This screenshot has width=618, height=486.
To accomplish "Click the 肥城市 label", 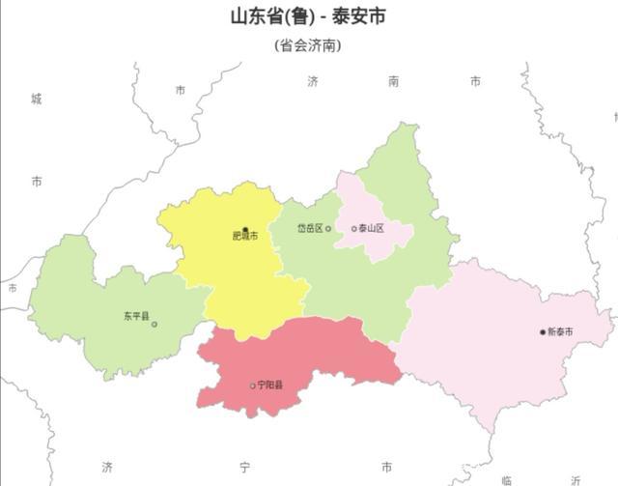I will point(245,237).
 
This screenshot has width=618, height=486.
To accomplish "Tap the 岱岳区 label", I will point(308,228).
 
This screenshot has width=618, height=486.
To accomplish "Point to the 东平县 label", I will point(136,316).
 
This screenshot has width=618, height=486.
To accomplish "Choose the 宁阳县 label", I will point(271,386).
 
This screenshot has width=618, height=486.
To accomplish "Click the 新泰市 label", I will point(561,332).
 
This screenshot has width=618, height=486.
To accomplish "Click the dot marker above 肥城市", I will point(245,229).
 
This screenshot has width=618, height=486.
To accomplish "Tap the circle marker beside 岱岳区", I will point(328,228).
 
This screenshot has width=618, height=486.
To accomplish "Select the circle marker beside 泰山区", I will point(354,229).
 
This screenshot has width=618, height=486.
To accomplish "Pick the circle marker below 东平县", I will point(154,325).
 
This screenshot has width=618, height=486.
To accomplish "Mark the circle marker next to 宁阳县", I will point(253,386).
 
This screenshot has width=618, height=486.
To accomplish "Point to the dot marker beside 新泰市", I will point(543,332).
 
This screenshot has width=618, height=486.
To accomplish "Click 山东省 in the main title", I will point(255,17).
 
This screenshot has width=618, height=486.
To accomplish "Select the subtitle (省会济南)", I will point(308,45).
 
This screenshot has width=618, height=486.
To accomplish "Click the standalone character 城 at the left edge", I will point(37,99).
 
